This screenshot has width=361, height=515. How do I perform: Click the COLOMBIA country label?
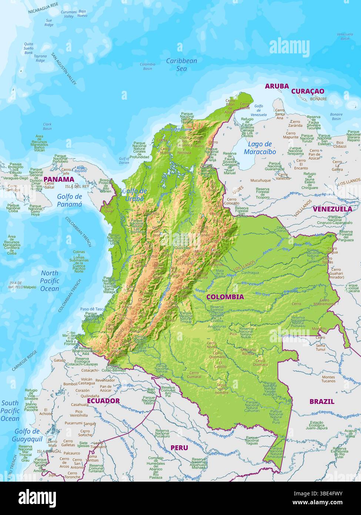225,297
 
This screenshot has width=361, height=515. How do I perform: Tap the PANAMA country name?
59,179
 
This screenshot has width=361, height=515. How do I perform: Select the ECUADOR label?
103,401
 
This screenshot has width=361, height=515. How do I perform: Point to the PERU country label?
179,448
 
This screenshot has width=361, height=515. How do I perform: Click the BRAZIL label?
322,401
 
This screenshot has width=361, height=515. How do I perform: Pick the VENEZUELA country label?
332,209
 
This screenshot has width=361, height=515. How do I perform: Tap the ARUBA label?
277,86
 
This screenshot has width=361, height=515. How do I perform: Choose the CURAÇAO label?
307,91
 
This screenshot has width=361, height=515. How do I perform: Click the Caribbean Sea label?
181,64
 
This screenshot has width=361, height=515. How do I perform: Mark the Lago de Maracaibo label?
260,148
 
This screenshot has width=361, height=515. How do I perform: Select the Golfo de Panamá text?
69,200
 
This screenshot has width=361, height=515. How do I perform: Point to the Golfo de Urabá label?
134,195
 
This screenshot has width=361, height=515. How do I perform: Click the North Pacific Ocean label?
50,281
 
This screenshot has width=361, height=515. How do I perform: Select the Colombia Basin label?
147,66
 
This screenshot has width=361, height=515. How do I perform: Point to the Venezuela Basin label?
345,36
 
